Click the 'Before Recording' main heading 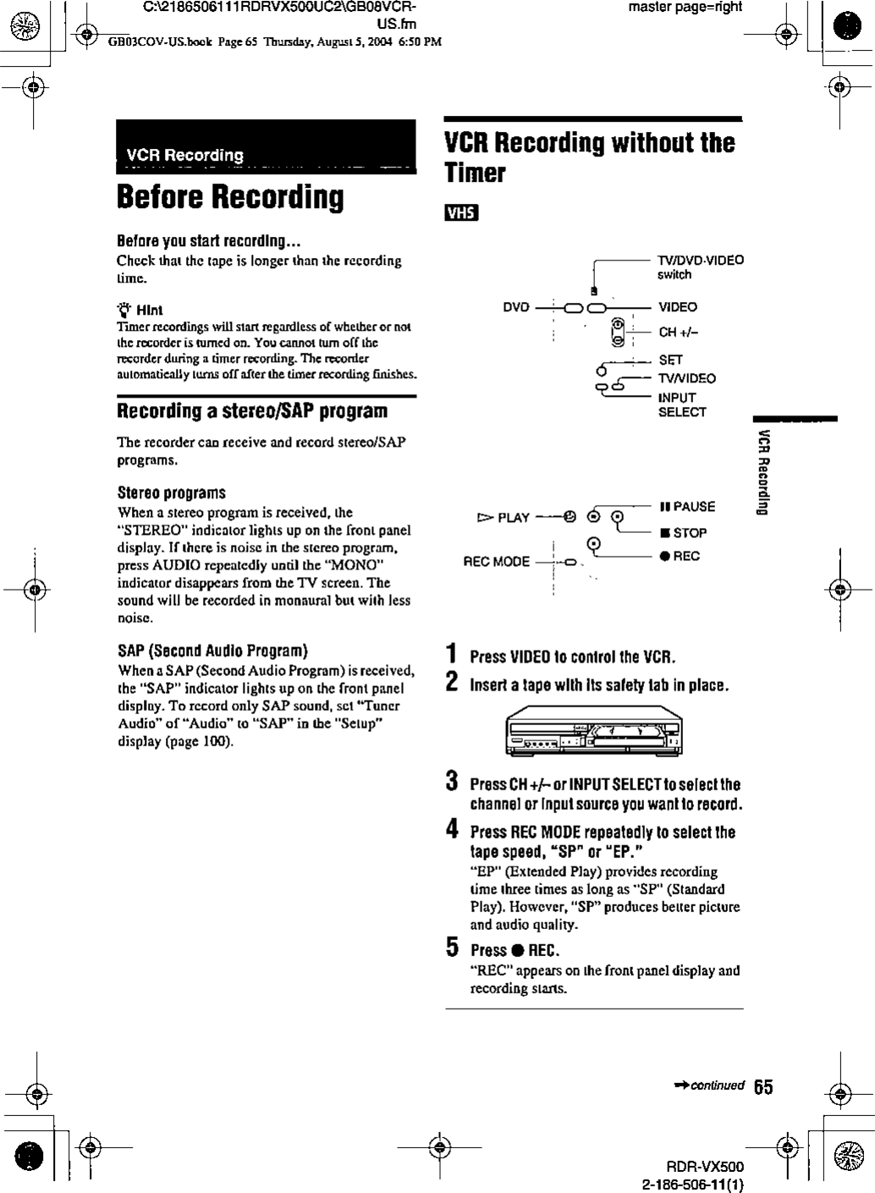pyautogui.click(x=230, y=197)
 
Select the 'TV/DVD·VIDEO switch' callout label pyautogui.click(x=701, y=267)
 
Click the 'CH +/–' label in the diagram pyautogui.click(x=679, y=332)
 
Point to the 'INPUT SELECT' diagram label pyautogui.click(x=682, y=404)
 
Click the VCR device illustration pyautogui.click(x=593, y=731)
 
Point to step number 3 pyautogui.click(x=453, y=780)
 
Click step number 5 pyautogui.click(x=453, y=948)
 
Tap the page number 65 pyautogui.click(x=763, y=1087)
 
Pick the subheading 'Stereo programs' pyautogui.click(x=171, y=492)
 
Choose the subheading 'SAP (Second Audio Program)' pyautogui.click(x=212, y=651)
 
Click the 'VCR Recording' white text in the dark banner pyautogui.click(x=184, y=155)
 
